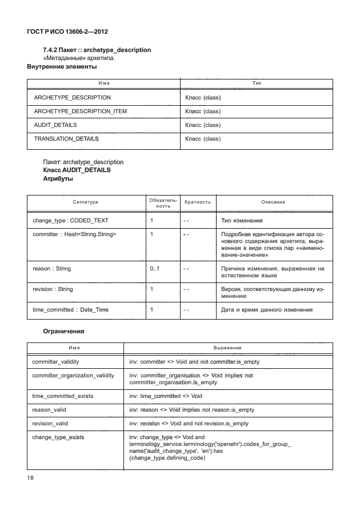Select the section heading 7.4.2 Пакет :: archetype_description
click(x=97, y=50)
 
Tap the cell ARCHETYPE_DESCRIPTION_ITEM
click(x=81, y=111)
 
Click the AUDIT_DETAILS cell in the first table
click(x=55, y=125)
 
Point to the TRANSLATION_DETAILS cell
click(x=66, y=138)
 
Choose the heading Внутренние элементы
click(x=62, y=67)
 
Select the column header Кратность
click(x=198, y=202)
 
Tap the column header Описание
click(x=273, y=202)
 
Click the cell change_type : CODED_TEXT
click(x=71, y=220)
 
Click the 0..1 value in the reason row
click(x=154, y=268)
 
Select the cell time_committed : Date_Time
click(x=71, y=310)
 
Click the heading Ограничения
click(x=64, y=330)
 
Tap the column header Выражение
click(x=227, y=348)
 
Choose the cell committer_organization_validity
click(x=73, y=376)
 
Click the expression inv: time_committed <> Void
click(x=166, y=396)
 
